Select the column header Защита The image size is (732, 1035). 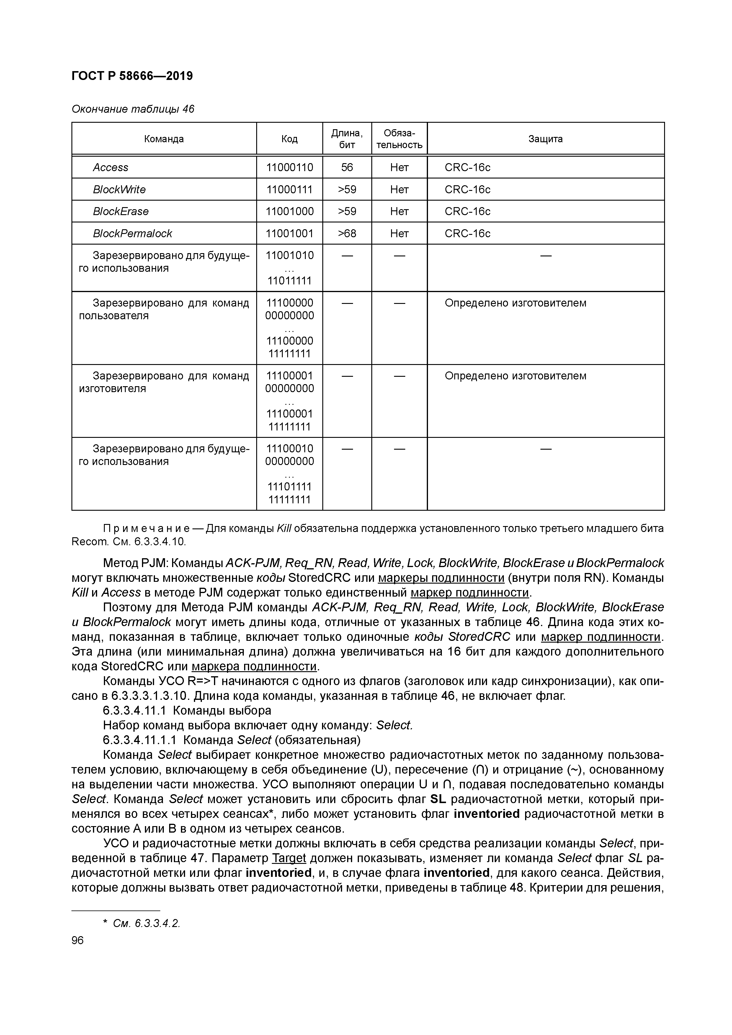pos(545,139)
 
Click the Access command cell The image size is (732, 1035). pos(110,168)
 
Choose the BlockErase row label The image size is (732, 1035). pos(120,212)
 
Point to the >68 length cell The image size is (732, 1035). pos(347,233)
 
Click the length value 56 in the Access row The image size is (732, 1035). pos(347,168)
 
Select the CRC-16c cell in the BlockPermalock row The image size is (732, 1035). pos(467,233)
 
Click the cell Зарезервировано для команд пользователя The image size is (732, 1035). pos(164,309)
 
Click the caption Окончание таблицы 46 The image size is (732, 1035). pos(133,109)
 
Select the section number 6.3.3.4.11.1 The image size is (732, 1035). pos(134,711)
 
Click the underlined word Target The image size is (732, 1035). pos(289,858)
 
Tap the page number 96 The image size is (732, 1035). pos(78,940)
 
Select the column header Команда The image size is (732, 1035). pos(164,139)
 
